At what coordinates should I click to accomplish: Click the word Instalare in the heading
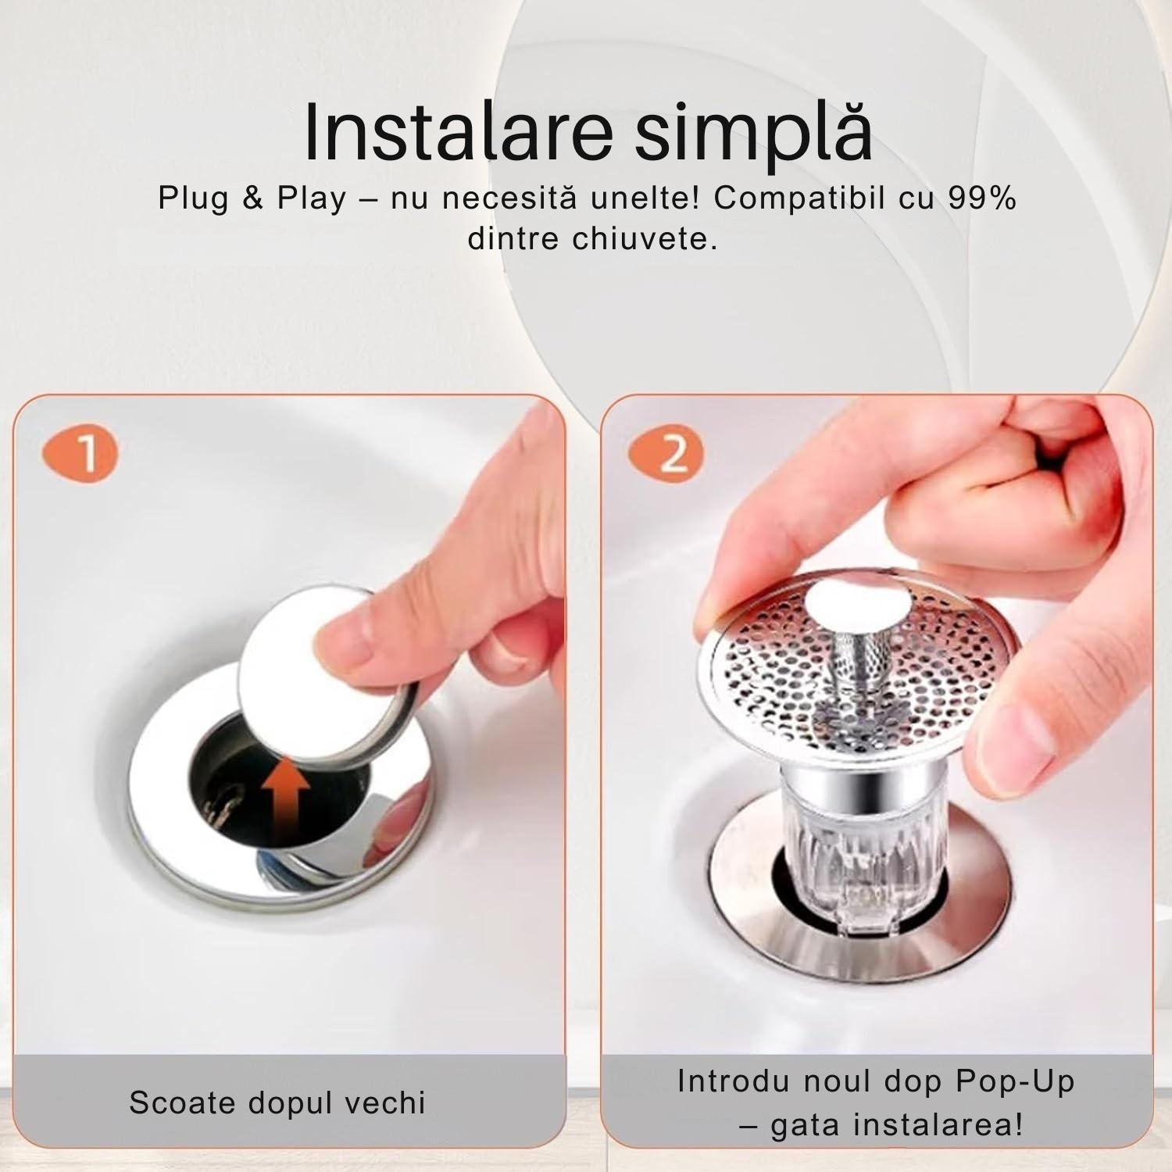pyautogui.click(x=458, y=130)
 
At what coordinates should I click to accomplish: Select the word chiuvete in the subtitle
pyautogui.click(x=644, y=238)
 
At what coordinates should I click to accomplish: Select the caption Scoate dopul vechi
pyautogui.click(x=277, y=1102)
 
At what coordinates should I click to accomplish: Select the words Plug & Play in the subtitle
pyautogui.click(x=252, y=199)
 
